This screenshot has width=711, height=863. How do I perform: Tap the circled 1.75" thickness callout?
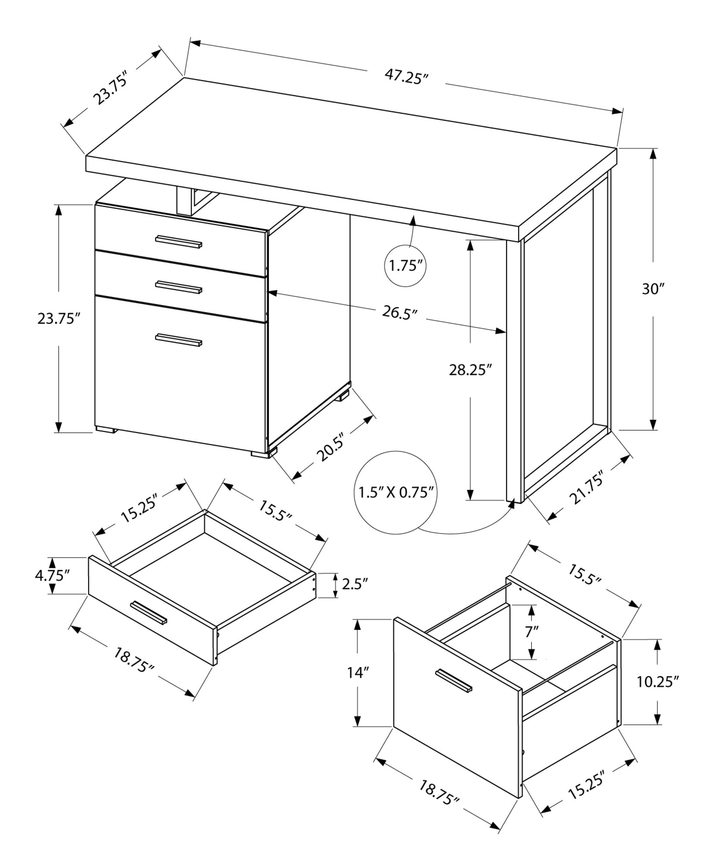click(x=405, y=265)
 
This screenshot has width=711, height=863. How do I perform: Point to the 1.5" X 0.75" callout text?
click(x=396, y=492)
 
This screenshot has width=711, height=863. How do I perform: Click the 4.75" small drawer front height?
click(x=52, y=576)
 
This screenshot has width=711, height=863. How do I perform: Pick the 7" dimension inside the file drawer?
click(x=532, y=632)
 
